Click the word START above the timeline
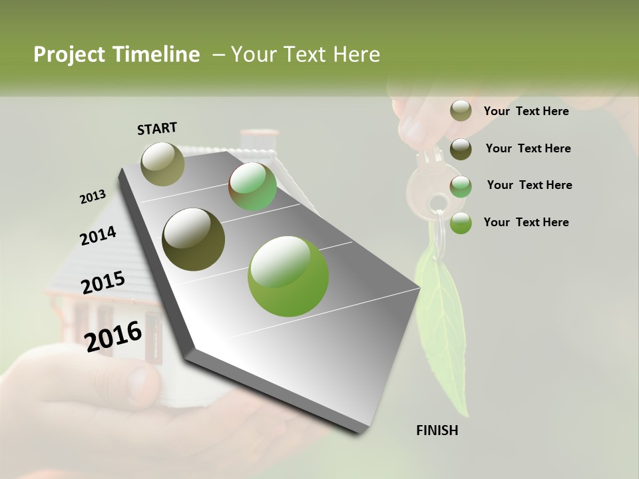[157, 128]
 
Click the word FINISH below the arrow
[437, 430]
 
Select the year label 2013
[93, 197]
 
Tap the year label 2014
[98, 236]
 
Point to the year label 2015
[103, 283]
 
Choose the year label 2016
[113, 336]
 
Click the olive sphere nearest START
[163, 164]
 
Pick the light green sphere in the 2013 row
[252, 187]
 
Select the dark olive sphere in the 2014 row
[194, 239]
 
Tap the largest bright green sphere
[288, 276]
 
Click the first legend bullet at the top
[461, 111]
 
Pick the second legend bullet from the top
[461, 149]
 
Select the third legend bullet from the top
[461, 186]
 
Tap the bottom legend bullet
[461, 223]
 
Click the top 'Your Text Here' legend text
[526, 111]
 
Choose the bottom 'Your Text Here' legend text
[526, 222]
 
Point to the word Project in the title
[69, 55]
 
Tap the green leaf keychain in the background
[441, 319]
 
